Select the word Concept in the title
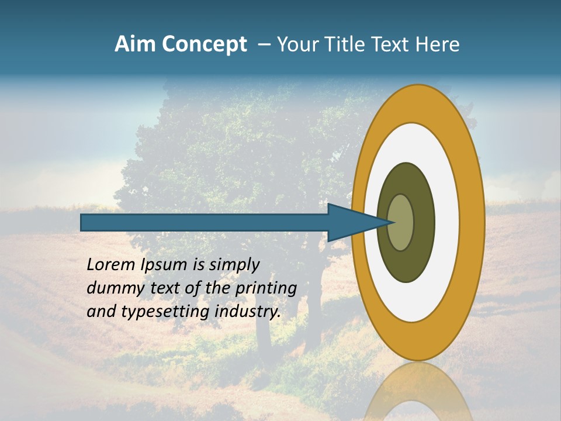(x=204, y=45)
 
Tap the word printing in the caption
(x=266, y=289)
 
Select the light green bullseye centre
(x=400, y=222)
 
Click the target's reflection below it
(x=418, y=392)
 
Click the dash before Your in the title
(x=264, y=45)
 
